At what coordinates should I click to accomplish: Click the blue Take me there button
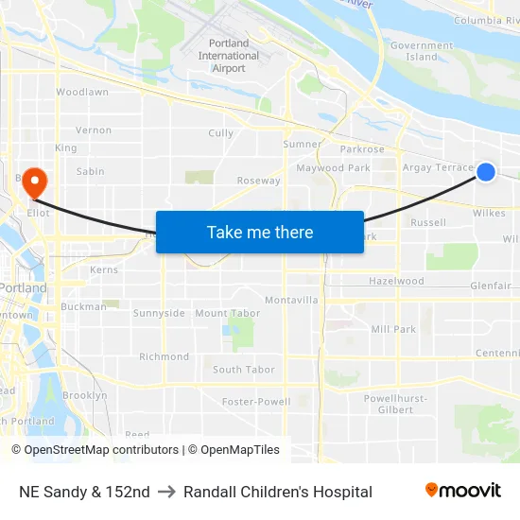(x=259, y=232)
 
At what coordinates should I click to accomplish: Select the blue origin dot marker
(x=486, y=171)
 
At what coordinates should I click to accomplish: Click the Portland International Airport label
(x=229, y=56)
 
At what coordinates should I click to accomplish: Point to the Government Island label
(x=422, y=51)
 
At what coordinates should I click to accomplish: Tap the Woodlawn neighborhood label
(x=82, y=93)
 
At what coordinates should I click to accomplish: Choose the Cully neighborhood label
(x=220, y=133)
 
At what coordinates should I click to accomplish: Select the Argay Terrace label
(x=437, y=167)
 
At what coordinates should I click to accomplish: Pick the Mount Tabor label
(x=227, y=313)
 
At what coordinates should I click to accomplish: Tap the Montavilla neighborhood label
(x=291, y=300)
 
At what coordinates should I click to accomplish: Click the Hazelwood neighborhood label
(x=396, y=282)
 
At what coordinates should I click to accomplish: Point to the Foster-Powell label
(x=256, y=402)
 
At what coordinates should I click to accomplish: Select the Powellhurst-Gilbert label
(x=396, y=404)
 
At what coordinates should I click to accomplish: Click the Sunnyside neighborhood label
(x=159, y=313)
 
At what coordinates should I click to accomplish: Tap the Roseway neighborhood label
(x=258, y=181)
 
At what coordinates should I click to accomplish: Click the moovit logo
(x=463, y=491)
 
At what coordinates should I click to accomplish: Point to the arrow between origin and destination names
(x=166, y=492)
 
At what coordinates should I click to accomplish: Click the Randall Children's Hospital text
(x=278, y=492)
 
